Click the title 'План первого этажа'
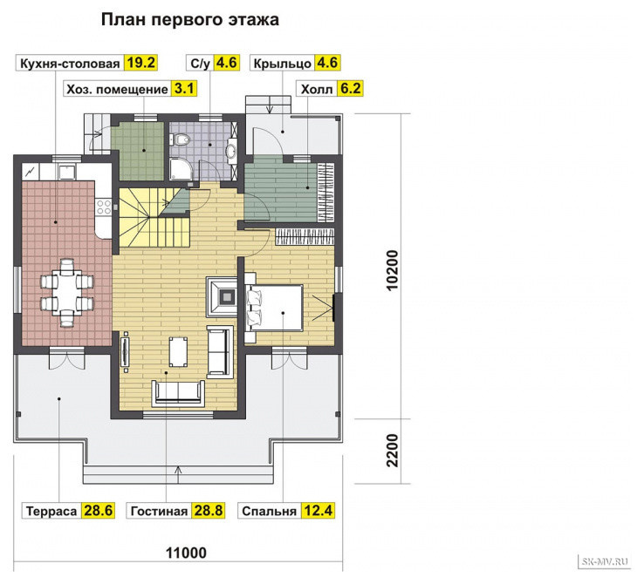coord(189,19)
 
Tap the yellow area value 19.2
coord(140,63)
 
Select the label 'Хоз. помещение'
coord(118,89)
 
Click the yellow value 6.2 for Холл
coord(350,88)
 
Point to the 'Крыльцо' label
coord(283,63)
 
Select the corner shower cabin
coord(181,169)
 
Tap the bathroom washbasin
coord(232,150)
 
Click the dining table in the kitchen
coord(66,292)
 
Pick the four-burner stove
coord(104,207)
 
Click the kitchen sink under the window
coord(66,173)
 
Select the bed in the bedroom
coord(274,308)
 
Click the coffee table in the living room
coord(178,352)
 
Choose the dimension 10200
coord(393,270)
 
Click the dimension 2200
coord(393,451)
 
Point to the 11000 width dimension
coord(186,553)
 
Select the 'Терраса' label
coord(51,511)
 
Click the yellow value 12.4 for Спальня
coord(318,511)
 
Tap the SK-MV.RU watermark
coord(605,561)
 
